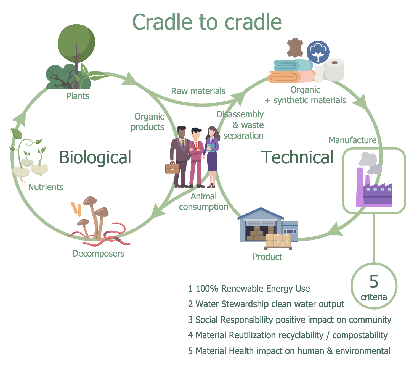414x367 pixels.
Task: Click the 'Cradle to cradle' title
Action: click(x=207, y=22)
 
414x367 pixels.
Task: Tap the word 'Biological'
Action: click(x=95, y=157)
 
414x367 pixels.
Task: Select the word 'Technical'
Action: click(x=298, y=157)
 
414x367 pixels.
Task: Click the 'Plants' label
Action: click(x=78, y=96)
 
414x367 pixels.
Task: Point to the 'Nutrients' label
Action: click(x=46, y=187)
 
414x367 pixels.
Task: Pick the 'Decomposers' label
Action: click(x=98, y=254)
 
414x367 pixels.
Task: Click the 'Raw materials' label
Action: click(x=198, y=91)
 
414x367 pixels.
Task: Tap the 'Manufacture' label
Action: click(x=352, y=140)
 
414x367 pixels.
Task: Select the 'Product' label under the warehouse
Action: click(x=267, y=257)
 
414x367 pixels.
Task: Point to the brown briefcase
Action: click(x=172, y=168)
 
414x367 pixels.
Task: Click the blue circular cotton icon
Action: click(x=318, y=52)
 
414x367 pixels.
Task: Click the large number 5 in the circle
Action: click(x=374, y=282)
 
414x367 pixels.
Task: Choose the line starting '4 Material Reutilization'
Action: click(x=288, y=335)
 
